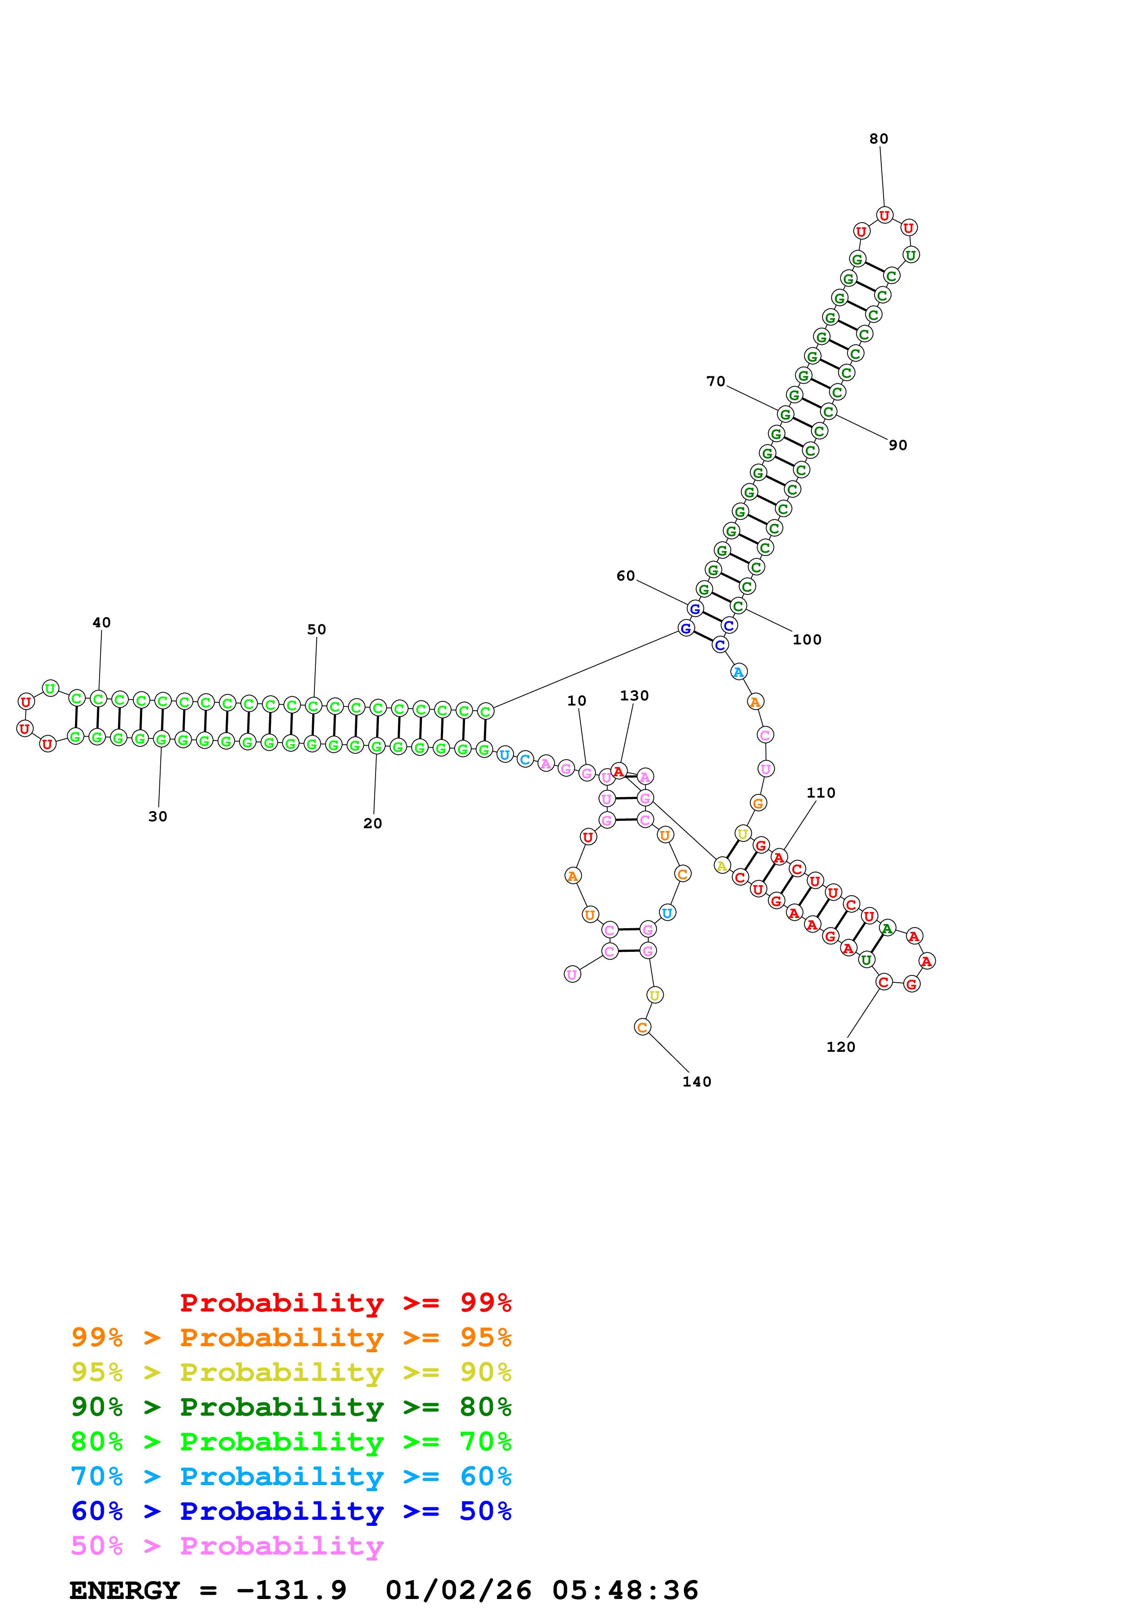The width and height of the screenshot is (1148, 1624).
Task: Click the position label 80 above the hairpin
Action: tap(878, 138)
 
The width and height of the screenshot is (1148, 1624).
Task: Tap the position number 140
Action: tap(697, 1081)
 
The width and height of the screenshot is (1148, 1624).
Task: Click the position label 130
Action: tap(634, 695)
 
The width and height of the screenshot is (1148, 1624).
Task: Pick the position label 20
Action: tap(373, 823)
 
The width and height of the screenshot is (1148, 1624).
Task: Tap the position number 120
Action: tap(841, 1047)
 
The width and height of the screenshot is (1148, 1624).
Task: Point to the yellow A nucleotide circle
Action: tap(721, 865)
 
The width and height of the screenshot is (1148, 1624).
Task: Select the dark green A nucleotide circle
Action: tap(887, 928)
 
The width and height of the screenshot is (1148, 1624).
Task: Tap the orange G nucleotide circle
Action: tap(758, 803)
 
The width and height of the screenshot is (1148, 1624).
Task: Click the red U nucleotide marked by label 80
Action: tap(884, 215)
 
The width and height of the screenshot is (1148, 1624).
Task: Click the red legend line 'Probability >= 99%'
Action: tap(345, 1303)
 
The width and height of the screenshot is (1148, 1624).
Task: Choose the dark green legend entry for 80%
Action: tap(291, 1407)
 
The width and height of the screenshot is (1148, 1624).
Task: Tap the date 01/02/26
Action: tap(458, 1590)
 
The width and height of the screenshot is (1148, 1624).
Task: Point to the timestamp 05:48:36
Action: tap(625, 1590)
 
